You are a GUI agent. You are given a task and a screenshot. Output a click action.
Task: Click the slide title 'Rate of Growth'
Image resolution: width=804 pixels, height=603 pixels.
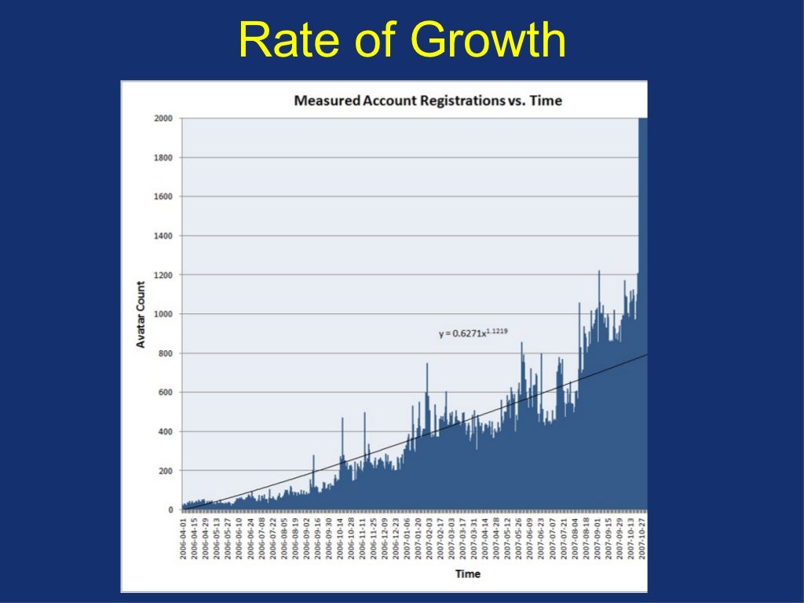pos(402,41)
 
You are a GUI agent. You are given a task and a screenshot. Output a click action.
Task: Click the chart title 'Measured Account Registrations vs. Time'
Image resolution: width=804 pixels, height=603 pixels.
pos(427,100)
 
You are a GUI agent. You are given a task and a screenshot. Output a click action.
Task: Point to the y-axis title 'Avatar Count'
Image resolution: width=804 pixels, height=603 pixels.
pos(141,314)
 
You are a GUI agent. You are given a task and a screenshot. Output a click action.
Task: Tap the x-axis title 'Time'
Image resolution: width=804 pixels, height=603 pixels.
pos(468,574)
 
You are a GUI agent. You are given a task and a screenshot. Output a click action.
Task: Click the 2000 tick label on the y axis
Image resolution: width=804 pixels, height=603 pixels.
pos(163,119)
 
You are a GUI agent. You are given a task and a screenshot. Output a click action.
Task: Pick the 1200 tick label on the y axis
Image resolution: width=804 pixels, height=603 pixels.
pos(163,275)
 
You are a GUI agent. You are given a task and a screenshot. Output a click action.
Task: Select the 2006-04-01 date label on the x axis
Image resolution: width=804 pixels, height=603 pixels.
pos(184,539)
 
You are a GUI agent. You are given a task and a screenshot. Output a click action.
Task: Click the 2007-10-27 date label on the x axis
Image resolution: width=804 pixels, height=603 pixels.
pos(641,539)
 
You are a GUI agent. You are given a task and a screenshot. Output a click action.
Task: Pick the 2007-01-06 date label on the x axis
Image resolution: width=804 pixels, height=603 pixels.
pos(407,539)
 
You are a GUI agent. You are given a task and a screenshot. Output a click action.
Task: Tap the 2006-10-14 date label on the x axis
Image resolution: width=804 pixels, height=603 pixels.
pos(340,539)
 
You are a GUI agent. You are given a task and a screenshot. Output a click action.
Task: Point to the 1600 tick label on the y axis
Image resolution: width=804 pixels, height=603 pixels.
pos(163,196)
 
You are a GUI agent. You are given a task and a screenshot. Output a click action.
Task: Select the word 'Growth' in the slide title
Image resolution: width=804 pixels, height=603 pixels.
pos(487,41)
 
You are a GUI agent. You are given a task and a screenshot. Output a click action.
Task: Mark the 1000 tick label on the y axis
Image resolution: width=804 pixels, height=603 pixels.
pos(163,314)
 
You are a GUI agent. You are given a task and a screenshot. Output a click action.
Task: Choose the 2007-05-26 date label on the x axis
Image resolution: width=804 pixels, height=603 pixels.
pos(519,539)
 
